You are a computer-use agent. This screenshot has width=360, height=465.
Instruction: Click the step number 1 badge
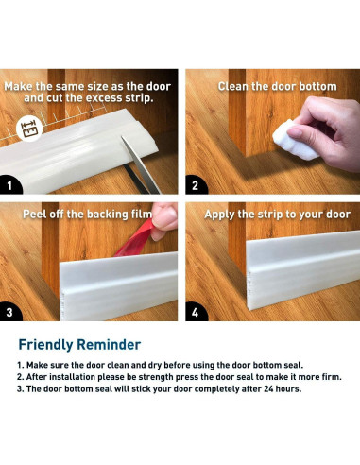[9, 185]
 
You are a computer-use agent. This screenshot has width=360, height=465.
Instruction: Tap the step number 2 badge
[196, 185]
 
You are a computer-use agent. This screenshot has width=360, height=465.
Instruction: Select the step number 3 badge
[9, 312]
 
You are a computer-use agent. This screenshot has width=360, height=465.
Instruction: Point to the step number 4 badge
[196, 312]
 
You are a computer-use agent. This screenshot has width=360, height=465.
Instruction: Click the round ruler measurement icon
[29, 129]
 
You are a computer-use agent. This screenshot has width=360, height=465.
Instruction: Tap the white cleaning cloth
[295, 141]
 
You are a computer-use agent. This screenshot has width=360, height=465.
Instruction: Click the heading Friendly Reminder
[79, 345]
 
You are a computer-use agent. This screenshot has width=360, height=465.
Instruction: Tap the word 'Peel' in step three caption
[34, 215]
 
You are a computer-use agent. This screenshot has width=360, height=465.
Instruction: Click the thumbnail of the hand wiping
[273, 131]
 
